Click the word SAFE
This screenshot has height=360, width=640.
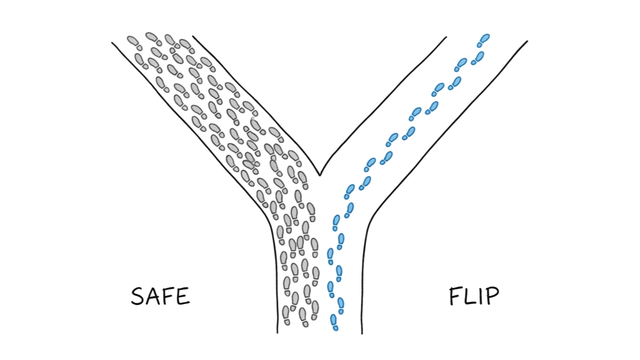(160, 296)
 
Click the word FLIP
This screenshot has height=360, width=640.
(474, 296)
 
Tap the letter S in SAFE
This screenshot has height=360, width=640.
(138, 297)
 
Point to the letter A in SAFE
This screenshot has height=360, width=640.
(153, 296)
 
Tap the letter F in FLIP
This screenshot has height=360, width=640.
(455, 296)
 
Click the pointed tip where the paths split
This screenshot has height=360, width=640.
(320, 175)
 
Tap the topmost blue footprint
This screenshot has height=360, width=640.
(484, 38)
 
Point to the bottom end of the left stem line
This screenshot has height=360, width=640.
(277, 333)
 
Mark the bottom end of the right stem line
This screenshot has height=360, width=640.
(362, 333)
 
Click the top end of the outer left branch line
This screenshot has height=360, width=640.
(112, 43)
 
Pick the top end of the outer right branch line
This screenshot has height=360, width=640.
(527, 41)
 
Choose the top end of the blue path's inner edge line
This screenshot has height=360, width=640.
(446, 37)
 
